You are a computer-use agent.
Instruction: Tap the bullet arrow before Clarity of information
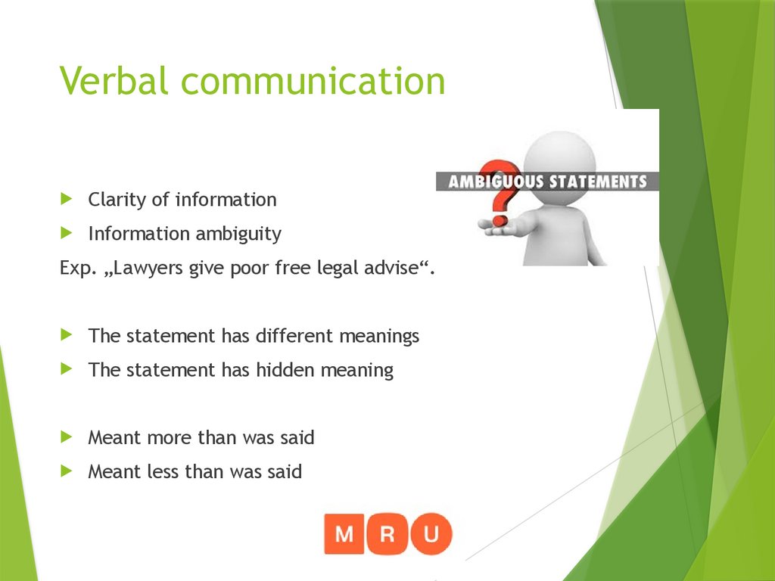point(67,199)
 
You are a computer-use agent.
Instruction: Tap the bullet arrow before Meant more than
point(67,437)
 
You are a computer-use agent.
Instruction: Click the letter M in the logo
point(344,534)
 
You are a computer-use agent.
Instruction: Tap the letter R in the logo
point(388,534)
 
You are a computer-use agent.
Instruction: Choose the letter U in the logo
point(431,534)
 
